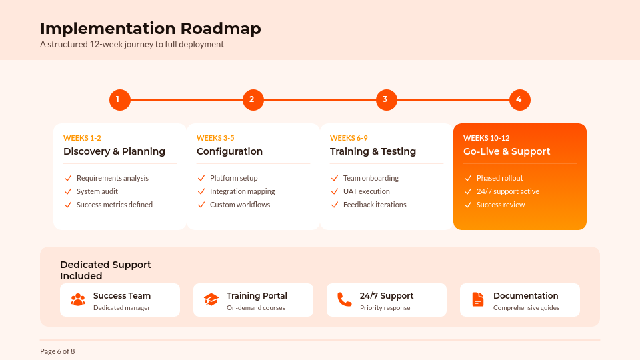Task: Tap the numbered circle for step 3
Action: click(386, 100)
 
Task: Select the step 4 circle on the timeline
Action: click(519, 100)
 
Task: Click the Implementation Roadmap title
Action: click(151, 29)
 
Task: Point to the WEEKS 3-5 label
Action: click(215, 138)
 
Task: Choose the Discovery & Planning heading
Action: click(114, 151)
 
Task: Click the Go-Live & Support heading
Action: click(507, 151)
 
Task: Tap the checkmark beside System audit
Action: click(68, 191)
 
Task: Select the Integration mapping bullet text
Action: click(242, 191)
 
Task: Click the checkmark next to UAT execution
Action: click(335, 191)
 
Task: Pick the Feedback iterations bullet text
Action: click(375, 205)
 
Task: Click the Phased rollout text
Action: click(499, 178)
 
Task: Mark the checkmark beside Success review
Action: click(468, 205)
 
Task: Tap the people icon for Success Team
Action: click(78, 299)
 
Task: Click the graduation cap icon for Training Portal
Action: click(211, 299)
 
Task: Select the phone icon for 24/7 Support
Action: click(344, 299)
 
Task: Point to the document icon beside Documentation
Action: click(478, 299)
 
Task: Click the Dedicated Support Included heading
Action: click(105, 270)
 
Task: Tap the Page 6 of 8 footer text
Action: click(57, 351)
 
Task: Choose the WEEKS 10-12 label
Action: click(486, 138)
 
